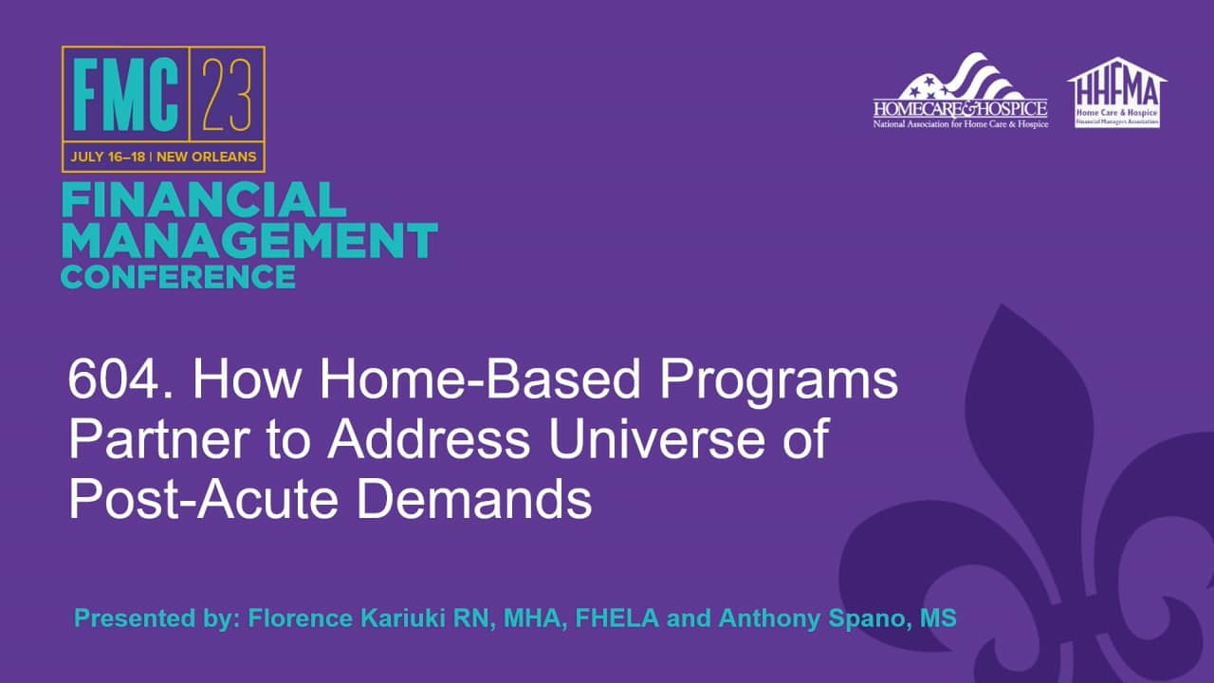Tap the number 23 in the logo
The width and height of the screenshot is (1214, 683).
tap(229, 96)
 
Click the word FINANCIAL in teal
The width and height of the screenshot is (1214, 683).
tap(203, 201)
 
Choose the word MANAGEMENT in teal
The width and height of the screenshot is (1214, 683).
tap(249, 241)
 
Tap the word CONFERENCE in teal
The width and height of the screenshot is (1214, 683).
tap(178, 277)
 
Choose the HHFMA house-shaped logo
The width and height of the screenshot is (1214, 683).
tap(1117, 92)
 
